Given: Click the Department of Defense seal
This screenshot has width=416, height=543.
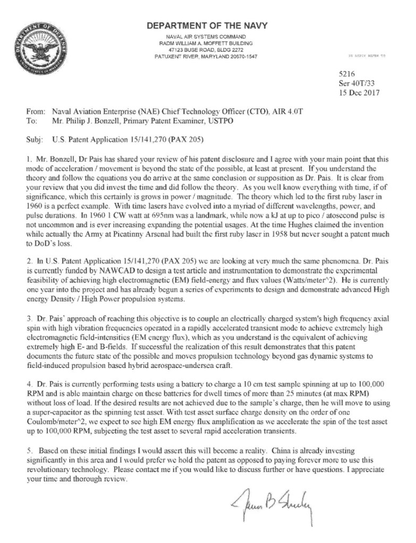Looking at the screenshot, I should tap(39, 48).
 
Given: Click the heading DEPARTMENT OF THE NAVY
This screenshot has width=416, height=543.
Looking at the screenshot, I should tap(207, 25).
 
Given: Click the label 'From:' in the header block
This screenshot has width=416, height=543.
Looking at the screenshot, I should tap(35, 112).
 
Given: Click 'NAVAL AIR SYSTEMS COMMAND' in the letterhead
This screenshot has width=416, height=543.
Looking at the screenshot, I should tap(207, 36).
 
